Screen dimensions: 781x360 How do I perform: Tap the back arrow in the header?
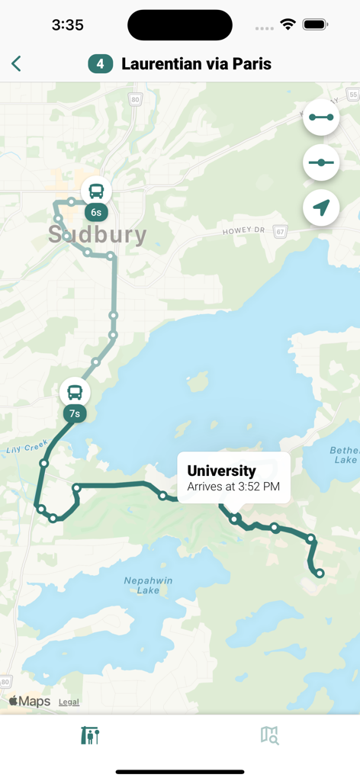(x=16, y=64)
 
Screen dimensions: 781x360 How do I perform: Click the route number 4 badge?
(x=101, y=64)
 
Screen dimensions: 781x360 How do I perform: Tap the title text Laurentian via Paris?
(x=196, y=64)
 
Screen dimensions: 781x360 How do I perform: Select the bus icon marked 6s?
(x=96, y=191)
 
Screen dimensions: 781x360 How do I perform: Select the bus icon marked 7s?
(x=75, y=393)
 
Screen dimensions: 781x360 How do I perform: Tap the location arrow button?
(x=321, y=207)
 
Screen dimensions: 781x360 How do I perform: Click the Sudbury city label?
(x=97, y=234)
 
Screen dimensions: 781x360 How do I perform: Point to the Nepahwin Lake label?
(x=148, y=585)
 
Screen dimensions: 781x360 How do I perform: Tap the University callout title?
(x=221, y=471)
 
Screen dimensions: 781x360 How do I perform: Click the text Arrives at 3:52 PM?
(x=233, y=486)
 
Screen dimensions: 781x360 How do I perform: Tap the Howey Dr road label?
(x=243, y=230)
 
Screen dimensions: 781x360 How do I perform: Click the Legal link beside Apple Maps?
(x=69, y=702)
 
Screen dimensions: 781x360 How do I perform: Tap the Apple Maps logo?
(x=30, y=701)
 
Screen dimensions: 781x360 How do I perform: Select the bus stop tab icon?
(x=90, y=735)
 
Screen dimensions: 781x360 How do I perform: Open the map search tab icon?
(x=270, y=735)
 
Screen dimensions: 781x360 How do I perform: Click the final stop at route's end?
(x=320, y=573)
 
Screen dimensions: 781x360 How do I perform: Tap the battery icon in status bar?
(x=315, y=25)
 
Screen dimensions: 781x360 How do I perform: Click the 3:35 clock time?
(x=67, y=25)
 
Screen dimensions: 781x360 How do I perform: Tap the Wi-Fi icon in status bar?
(x=288, y=25)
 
